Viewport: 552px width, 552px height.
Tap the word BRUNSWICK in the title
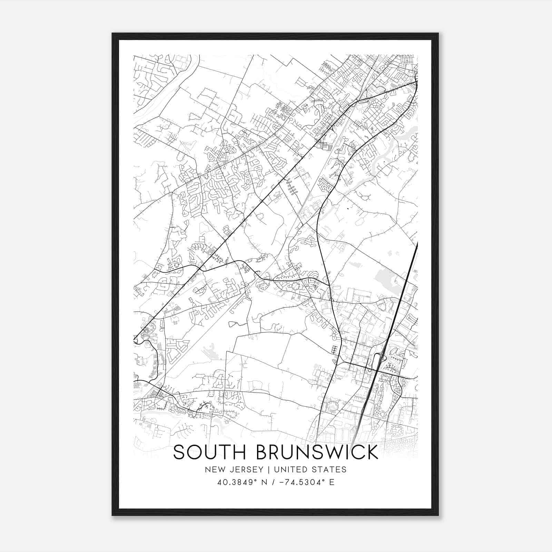pyautogui.click(x=317, y=452)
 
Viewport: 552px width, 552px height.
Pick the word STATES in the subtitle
pyautogui.click(x=330, y=470)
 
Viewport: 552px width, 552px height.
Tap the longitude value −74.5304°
pyautogui.click(x=298, y=482)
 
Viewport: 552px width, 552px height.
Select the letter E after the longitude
pyautogui.click(x=332, y=482)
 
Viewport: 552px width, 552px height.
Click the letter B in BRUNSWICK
pyautogui.click(x=262, y=452)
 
